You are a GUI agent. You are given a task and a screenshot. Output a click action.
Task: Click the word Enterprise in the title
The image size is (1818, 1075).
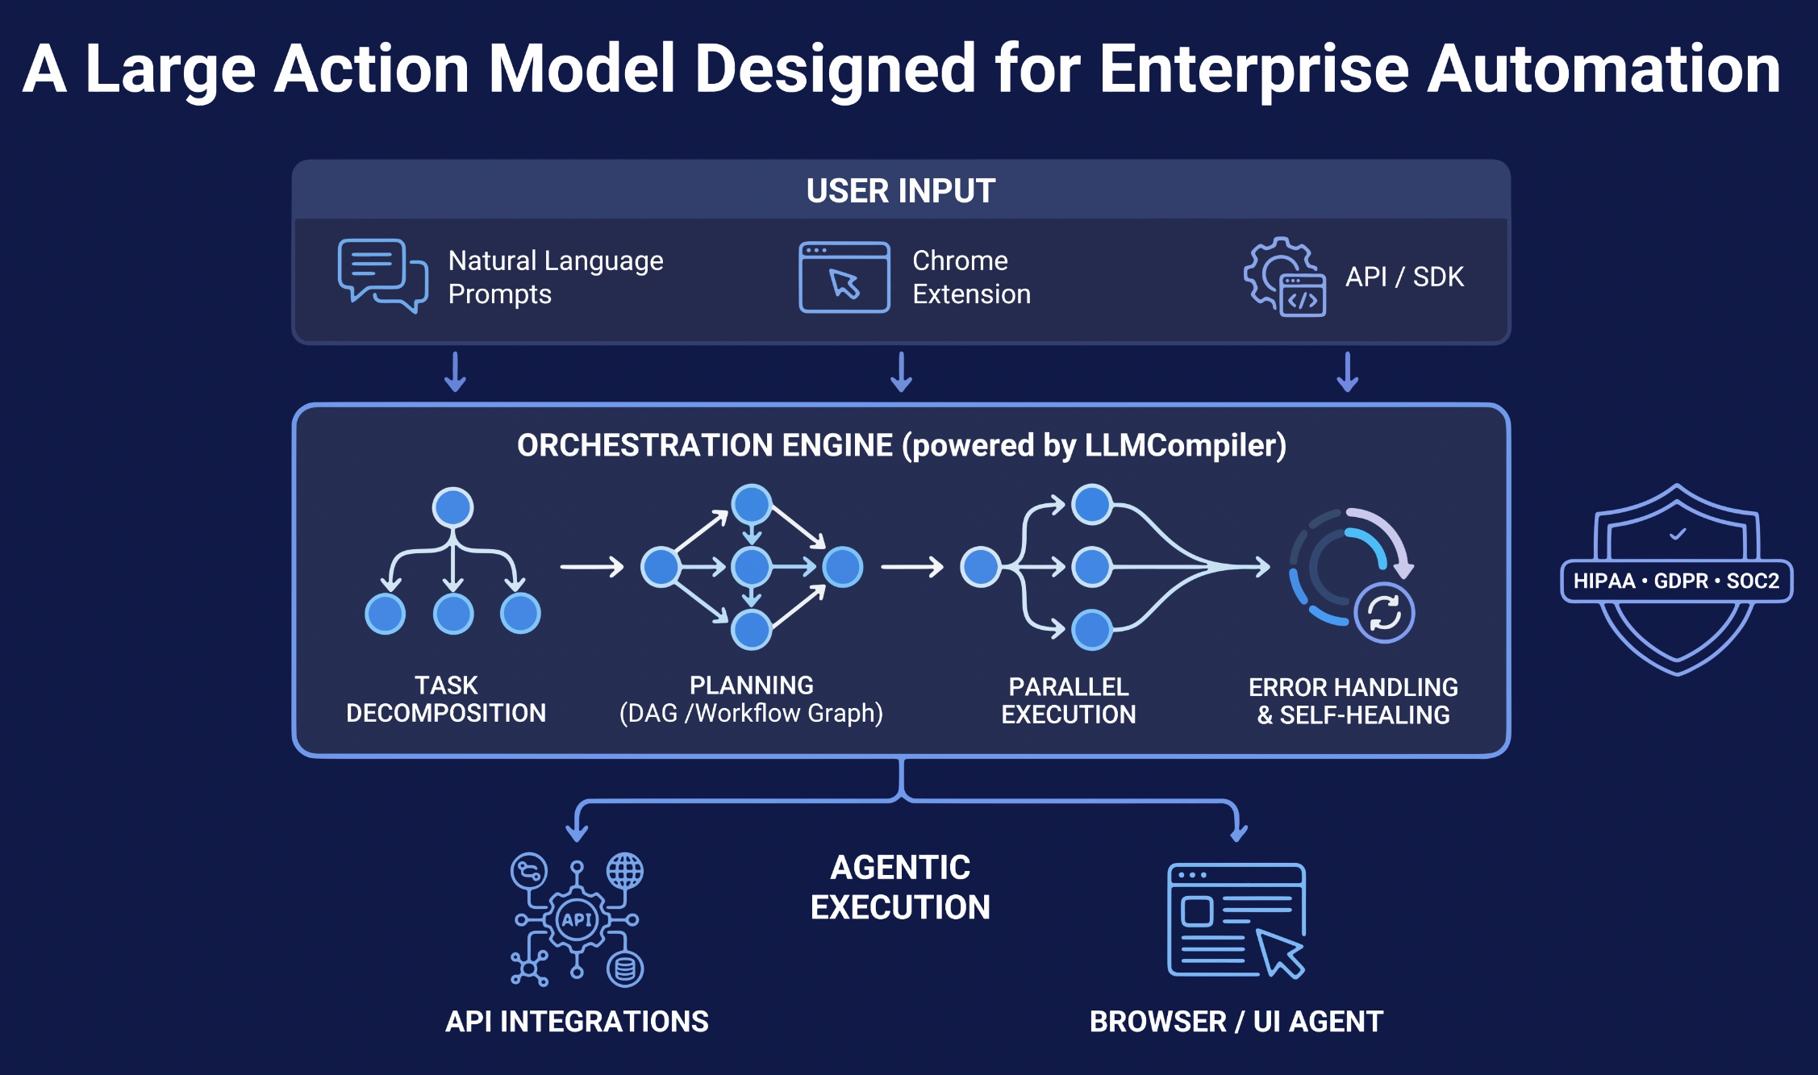pos(1253,70)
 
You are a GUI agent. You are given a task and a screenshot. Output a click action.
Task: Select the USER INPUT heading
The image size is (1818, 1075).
pos(900,191)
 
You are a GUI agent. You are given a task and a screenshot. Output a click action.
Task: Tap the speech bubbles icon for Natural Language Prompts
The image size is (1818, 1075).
pos(382,275)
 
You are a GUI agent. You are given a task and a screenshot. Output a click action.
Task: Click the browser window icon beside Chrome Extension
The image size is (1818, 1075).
pos(844,277)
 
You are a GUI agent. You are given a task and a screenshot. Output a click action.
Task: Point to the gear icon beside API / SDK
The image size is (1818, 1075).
pos(1282,277)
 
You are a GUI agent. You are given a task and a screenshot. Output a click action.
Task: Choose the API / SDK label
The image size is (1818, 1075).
pos(1403,277)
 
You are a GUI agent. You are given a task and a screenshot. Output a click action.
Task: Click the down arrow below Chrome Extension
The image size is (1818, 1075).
pos(901,372)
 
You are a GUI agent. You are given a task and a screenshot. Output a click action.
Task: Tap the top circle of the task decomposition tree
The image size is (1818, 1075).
pos(452,507)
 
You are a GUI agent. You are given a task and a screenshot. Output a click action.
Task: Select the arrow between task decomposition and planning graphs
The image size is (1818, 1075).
pos(592,567)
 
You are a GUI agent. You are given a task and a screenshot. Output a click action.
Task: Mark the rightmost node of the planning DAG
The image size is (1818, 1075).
pos(843,567)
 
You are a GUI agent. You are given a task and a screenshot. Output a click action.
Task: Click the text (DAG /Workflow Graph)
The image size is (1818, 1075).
pos(751,714)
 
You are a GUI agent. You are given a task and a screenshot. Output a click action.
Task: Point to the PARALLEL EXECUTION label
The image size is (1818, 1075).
pos(1068,700)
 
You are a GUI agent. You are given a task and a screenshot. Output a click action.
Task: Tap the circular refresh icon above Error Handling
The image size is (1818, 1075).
pos(1384,612)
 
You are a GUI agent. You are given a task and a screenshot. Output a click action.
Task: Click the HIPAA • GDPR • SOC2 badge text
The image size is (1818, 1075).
pos(1676,581)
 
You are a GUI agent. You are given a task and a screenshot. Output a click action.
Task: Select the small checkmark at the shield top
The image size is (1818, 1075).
pos(1678,534)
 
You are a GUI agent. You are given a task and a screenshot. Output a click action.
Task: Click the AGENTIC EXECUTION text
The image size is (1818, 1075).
pos(900,887)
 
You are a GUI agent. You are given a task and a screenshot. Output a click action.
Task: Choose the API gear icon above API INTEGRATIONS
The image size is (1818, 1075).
pos(577,919)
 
